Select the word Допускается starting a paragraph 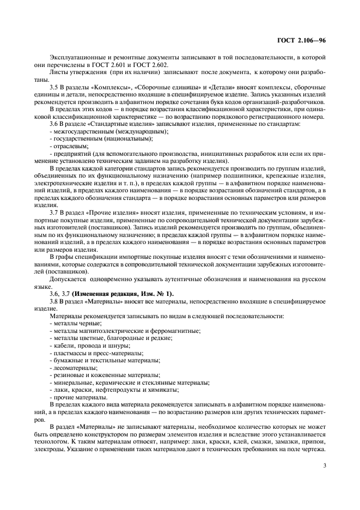68,279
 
